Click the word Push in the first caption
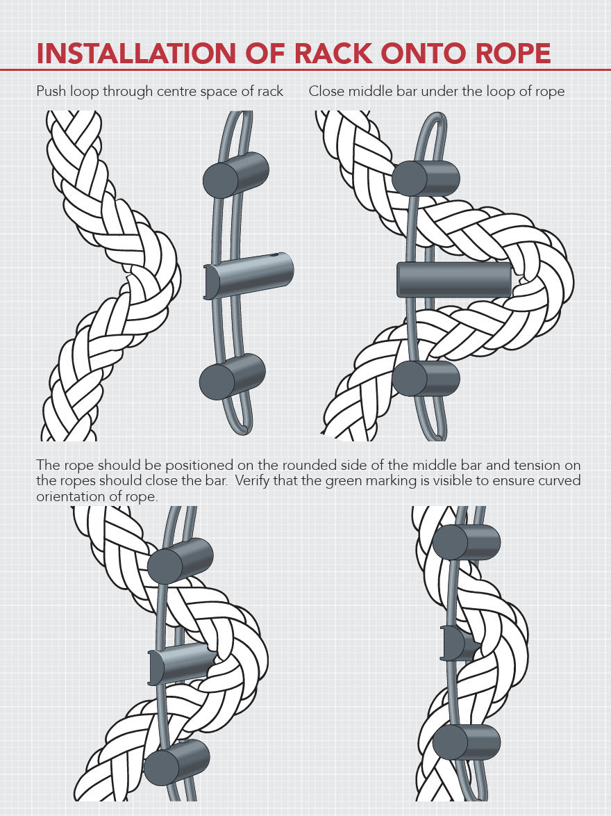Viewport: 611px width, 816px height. point(51,92)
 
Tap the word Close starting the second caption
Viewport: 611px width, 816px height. point(326,92)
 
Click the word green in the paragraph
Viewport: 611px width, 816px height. point(344,482)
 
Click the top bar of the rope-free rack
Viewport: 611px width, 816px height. point(235,175)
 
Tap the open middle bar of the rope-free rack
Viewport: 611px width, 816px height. point(249,275)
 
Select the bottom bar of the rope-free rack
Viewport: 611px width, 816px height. point(233,377)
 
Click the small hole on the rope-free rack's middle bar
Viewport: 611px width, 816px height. point(274,256)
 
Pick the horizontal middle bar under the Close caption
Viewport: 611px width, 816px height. point(454,279)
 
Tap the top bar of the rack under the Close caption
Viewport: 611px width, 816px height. point(426,179)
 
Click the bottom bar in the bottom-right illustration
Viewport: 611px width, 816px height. point(467,742)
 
